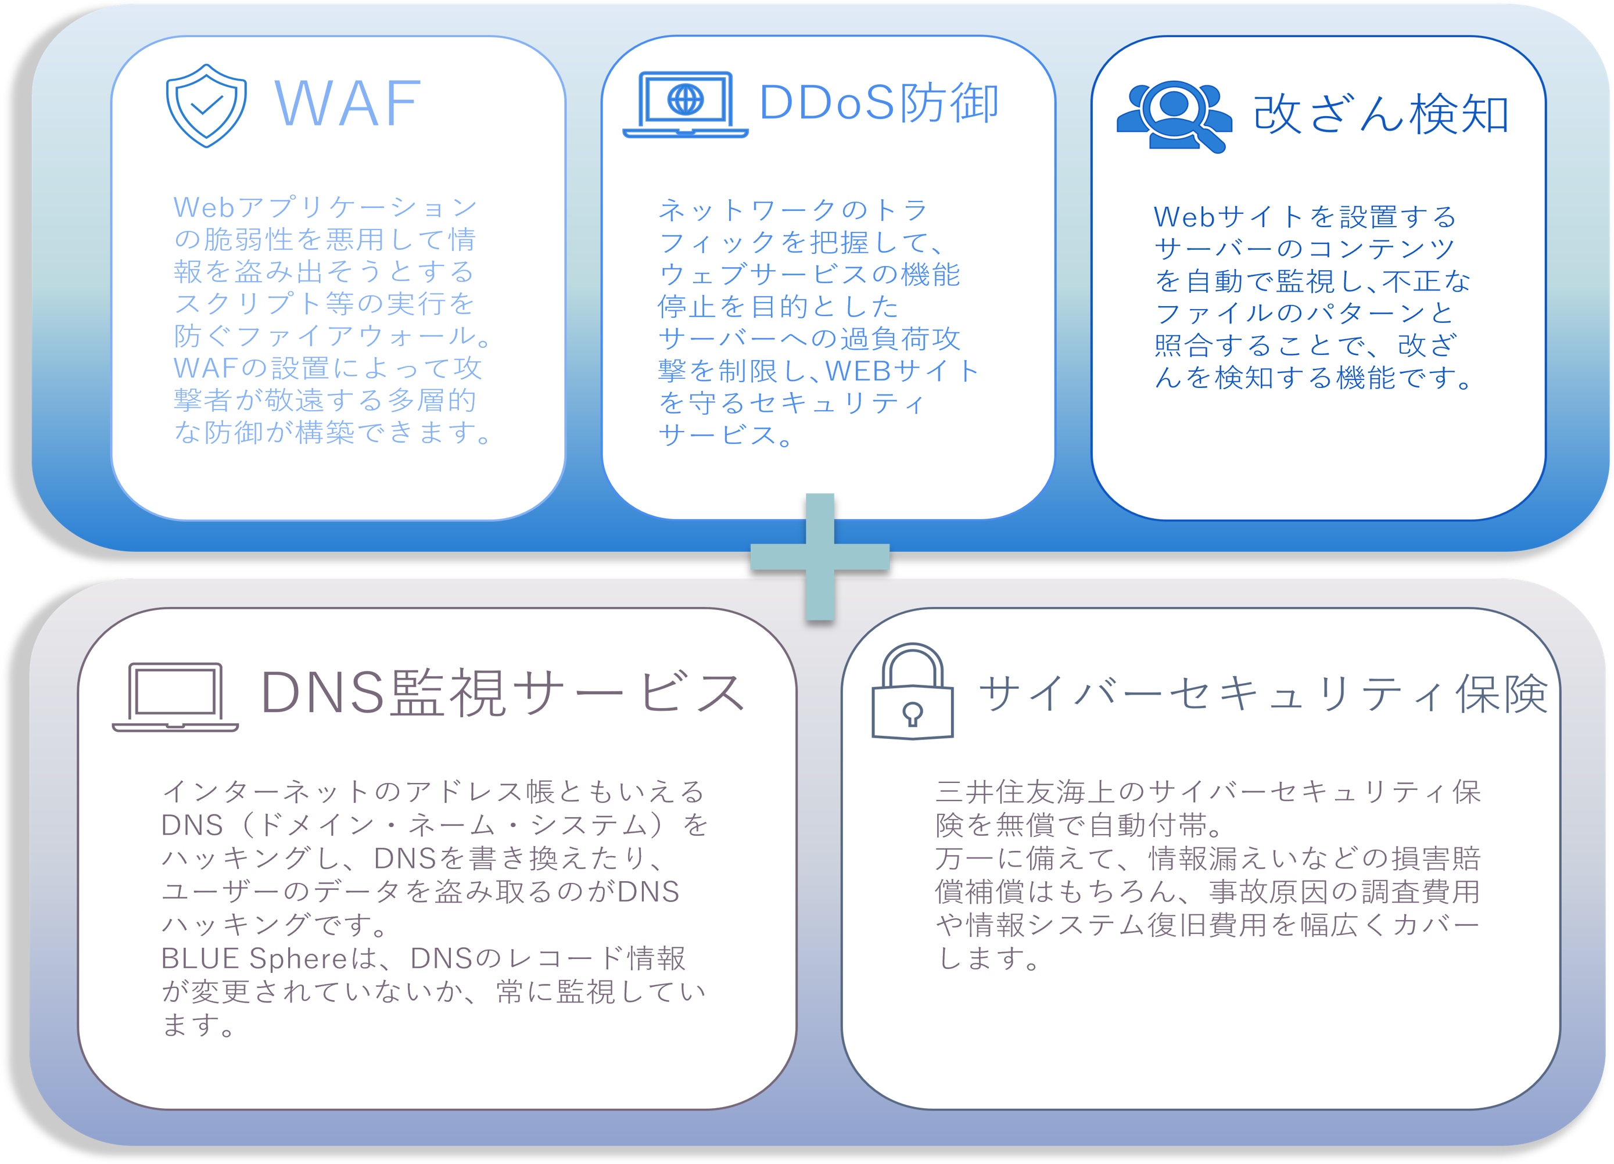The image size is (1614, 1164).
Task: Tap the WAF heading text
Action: (x=348, y=104)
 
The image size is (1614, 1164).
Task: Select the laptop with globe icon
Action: (x=686, y=104)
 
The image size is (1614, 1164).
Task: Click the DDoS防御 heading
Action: (x=880, y=102)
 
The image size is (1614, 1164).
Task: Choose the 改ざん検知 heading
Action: (x=1380, y=114)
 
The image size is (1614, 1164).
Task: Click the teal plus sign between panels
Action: (x=820, y=556)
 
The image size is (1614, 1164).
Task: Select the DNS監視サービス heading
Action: (x=503, y=692)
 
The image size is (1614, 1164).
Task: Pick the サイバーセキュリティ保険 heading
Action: (x=1263, y=693)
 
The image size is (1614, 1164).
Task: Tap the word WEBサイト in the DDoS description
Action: (x=902, y=371)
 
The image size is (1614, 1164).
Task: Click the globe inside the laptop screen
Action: (x=686, y=99)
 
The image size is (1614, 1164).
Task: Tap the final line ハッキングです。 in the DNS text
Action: (x=275, y=924)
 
